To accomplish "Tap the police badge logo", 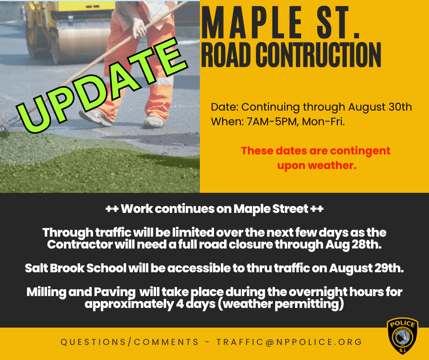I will click(402, 336).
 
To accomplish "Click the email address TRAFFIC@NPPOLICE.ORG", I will click(289, 342).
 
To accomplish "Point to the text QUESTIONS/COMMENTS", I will click(130, 342).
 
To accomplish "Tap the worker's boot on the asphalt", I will click(153, 122).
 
